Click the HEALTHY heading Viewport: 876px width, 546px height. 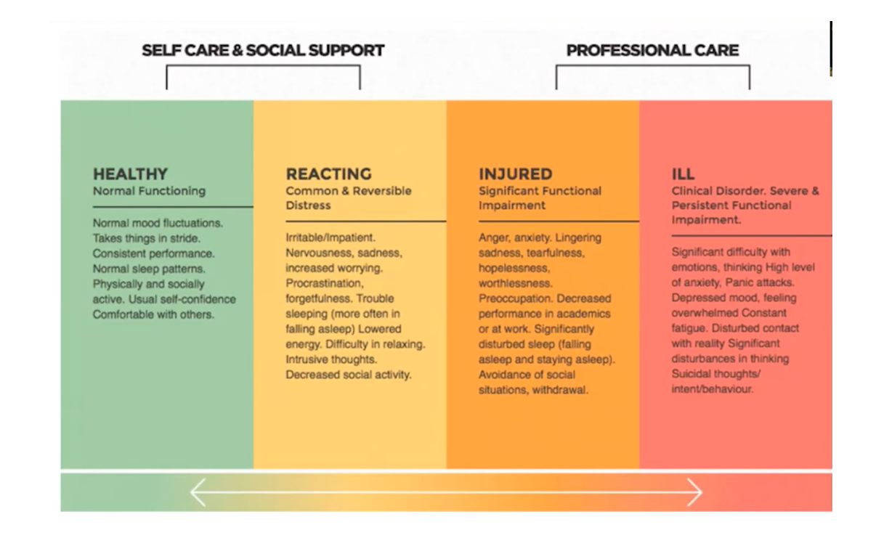point(130,174)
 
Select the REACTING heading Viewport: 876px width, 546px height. point(329,174)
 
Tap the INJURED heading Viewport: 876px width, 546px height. point(516,174)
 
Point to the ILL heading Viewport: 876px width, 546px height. point(684,174)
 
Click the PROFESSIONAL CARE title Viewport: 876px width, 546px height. point(653,50)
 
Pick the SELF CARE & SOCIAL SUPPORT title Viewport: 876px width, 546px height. point(263,50)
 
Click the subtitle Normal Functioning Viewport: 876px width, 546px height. point(149,191)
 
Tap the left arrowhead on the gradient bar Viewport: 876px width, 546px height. point(198,492)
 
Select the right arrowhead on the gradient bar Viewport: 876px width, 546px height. point(695,492)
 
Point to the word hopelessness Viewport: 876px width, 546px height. point(514,268)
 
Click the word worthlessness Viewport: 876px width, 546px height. point(516,283)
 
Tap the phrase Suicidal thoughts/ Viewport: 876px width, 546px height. point(716,374)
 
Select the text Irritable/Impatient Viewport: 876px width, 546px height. point(330,237)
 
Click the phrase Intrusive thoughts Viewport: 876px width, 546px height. point(331,359)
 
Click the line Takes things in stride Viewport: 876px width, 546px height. point(147,238)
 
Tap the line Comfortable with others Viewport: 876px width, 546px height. point(153,314)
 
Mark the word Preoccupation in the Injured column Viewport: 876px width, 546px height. point(516,298)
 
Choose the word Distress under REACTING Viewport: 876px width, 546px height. point(308,205)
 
